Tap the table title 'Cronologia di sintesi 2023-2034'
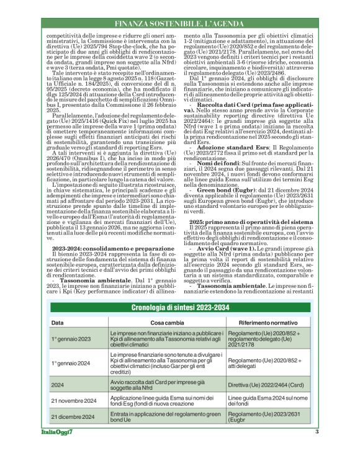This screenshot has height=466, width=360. [x=180, y=308]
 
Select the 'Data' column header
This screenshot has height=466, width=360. [x=57, y=323]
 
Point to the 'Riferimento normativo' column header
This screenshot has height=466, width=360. [x=263, y=323]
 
